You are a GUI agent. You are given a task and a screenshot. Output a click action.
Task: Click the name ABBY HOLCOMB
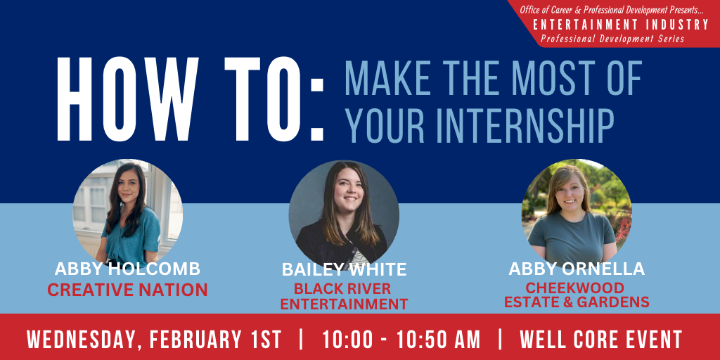(x=128, y=269)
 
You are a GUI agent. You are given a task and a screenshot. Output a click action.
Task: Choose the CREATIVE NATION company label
(x=128, y=290)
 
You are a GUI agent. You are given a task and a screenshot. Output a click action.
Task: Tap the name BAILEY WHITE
(x=345, y=269)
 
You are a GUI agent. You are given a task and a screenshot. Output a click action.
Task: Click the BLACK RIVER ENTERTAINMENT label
(x=344, y=296)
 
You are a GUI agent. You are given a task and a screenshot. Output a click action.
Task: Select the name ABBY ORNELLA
(x=577, y=269)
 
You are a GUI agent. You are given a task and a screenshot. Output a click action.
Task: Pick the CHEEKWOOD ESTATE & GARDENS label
(x=577, y=295)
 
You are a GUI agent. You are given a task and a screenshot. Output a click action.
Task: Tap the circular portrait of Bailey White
(x=344, y=215)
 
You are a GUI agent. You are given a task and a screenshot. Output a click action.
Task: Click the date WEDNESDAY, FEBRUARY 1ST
(x=154, y=340)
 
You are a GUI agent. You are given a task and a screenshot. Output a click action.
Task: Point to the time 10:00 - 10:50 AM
(x=401, y=340)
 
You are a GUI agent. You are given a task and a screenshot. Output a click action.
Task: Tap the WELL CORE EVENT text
(x=601, y=340)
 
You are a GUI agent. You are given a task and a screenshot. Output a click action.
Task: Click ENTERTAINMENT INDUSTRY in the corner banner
(x=621, y=25)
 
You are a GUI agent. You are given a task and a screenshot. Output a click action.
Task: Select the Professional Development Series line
(x=612, y=39)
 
